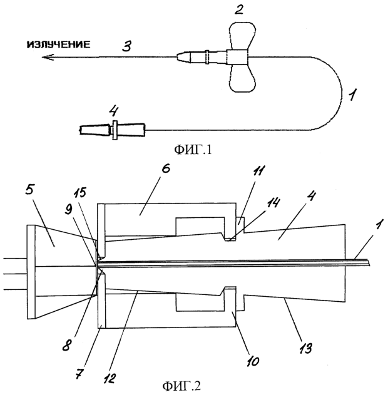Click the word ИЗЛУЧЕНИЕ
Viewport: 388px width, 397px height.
[58, 45]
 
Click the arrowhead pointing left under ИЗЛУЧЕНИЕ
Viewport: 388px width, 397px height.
[48, 58]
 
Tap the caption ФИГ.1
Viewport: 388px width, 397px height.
[193, 150]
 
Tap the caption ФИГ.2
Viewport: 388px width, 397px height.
[181, 386]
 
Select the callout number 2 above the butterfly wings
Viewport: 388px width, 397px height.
[239, 9]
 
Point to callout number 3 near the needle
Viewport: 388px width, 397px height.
[126, 46]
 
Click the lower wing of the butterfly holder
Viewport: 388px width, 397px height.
[242, 78]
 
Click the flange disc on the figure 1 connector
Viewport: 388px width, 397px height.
[115, 130]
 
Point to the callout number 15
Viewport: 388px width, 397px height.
[80, 192]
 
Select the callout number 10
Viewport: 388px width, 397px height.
[252, 361]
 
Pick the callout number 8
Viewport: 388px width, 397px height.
[66, 345]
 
